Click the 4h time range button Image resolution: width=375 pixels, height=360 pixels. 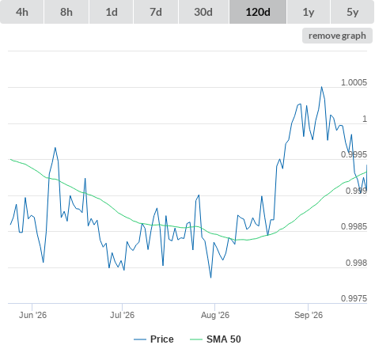coord(22,12)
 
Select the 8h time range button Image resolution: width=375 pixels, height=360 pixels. coord(66,12)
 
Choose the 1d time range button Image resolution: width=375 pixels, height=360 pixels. coord(112,12)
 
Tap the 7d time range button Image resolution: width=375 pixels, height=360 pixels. coord(156,12)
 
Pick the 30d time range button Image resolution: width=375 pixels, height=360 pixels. coord(203,12)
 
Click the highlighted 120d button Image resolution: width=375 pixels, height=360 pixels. coord(258,12)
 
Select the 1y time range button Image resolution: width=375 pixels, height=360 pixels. coord(309,12)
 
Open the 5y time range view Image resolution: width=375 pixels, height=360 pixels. coord(353,12)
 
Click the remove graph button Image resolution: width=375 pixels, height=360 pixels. coord(337,36)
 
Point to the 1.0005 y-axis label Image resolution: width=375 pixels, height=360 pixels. coord(354,82)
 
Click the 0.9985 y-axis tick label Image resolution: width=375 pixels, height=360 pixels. coord(354,226)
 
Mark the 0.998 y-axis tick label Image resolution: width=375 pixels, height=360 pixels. coord(356,263)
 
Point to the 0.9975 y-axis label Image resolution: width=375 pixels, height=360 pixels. coord(354,298)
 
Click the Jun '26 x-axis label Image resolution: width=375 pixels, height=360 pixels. coord(32,315)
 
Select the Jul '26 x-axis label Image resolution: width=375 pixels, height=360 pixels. coord(122,315)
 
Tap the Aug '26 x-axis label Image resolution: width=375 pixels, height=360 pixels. coord(215,315)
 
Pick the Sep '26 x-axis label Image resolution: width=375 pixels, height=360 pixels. coord(309,315)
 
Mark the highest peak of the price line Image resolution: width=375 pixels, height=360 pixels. coord(321,87)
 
